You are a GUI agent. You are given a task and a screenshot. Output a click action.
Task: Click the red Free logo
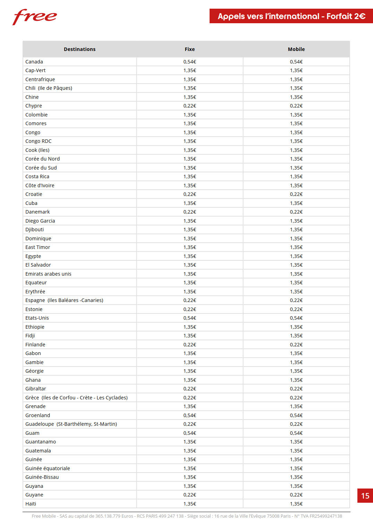tap(34, 17)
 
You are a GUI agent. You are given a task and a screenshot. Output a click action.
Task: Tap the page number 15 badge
tap(365, 496)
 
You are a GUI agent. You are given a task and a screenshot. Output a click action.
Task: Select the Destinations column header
tap(79, 49)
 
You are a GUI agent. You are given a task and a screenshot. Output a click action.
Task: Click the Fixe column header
tap(189, 49)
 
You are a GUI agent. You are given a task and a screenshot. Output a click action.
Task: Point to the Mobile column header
tap(296, 49)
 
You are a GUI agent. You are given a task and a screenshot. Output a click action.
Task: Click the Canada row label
tap(34, 62)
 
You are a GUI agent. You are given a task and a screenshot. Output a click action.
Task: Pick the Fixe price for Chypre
tap(189, 106)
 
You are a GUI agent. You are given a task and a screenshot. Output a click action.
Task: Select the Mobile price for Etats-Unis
tap(296, 318)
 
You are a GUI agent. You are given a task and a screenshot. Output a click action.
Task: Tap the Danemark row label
tap(37, 212)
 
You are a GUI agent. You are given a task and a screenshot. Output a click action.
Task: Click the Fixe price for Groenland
tap(189, 415)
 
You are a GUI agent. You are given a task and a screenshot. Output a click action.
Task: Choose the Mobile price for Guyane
tap(296, 495)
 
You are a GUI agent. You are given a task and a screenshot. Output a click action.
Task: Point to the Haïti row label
tap(31, 504)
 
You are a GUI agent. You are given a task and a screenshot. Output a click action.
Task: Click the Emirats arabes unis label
tap(48, 274)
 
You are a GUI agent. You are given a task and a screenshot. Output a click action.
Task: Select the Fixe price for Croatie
tap(189, 194)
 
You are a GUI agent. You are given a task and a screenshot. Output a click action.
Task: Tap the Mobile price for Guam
tap(296, 433)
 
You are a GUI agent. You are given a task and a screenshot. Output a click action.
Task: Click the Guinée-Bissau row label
tap(42, 477)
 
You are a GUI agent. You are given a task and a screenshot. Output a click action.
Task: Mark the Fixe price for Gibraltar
tap(189, 389)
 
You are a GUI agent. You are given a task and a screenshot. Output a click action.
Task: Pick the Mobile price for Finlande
tap(296, 345)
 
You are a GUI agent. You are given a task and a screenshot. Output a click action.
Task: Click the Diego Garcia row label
tap(40, 221)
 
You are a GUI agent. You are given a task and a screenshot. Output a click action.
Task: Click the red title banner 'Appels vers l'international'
tap(291, 16)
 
